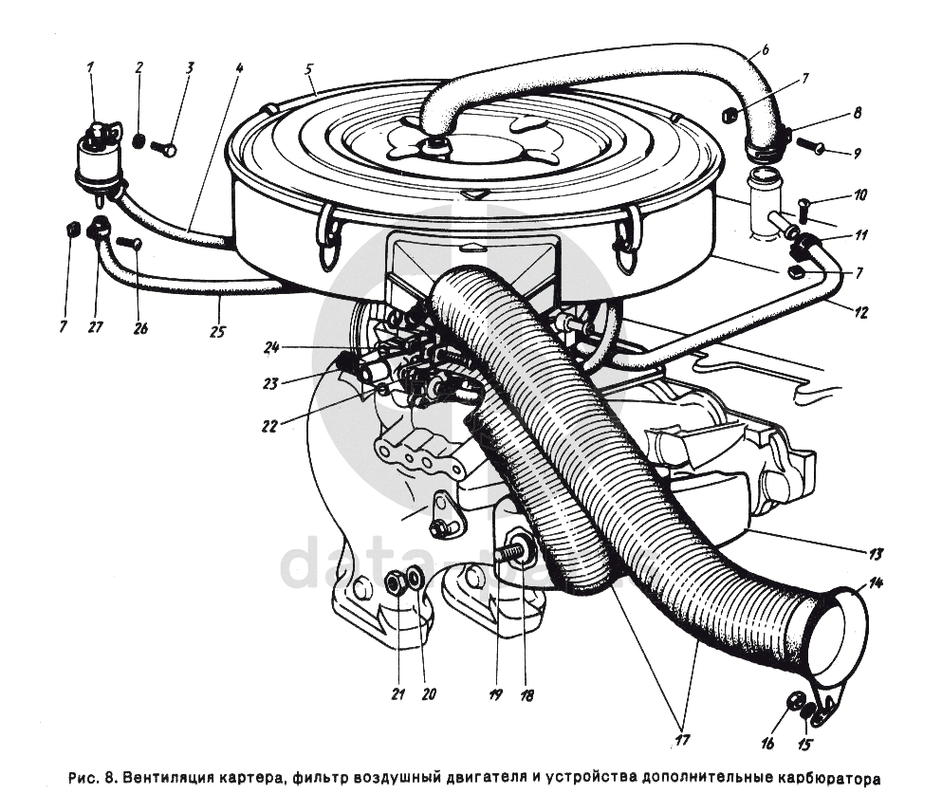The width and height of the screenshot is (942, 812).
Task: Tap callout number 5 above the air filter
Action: click(309, 70)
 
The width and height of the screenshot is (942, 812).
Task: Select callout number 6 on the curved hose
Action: click(766, 50)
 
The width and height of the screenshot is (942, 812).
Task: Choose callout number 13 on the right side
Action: click(876, 553)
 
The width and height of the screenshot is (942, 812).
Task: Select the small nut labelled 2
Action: click(139, 141)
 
